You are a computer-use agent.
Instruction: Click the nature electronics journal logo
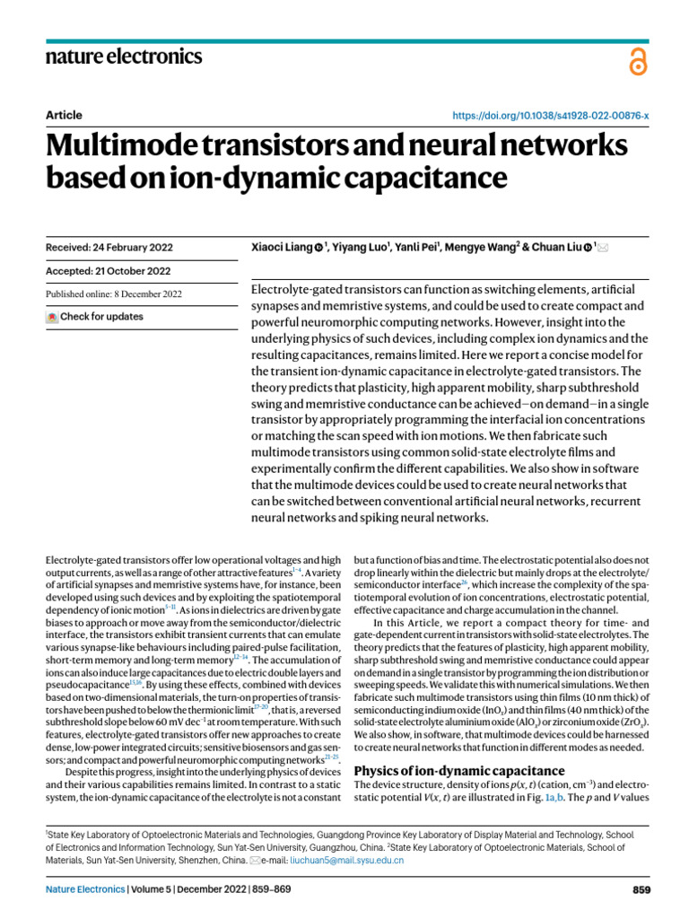coord(124,57)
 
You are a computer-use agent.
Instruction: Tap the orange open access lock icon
coord(638,62)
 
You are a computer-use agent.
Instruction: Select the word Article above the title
coord(64,115)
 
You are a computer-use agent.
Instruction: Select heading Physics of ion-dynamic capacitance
coord(459,771)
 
